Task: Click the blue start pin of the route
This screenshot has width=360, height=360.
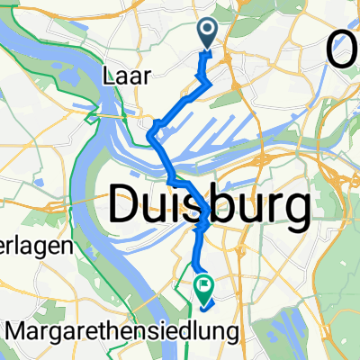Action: tap(208, 34)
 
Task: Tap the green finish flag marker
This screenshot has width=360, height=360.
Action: tap(203, 289)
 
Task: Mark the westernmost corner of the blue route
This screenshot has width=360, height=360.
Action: tap(148, 137)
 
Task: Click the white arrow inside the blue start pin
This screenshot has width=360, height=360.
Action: tap(208, 31)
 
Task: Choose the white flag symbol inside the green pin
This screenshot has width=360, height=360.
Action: tap(203, 287)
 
